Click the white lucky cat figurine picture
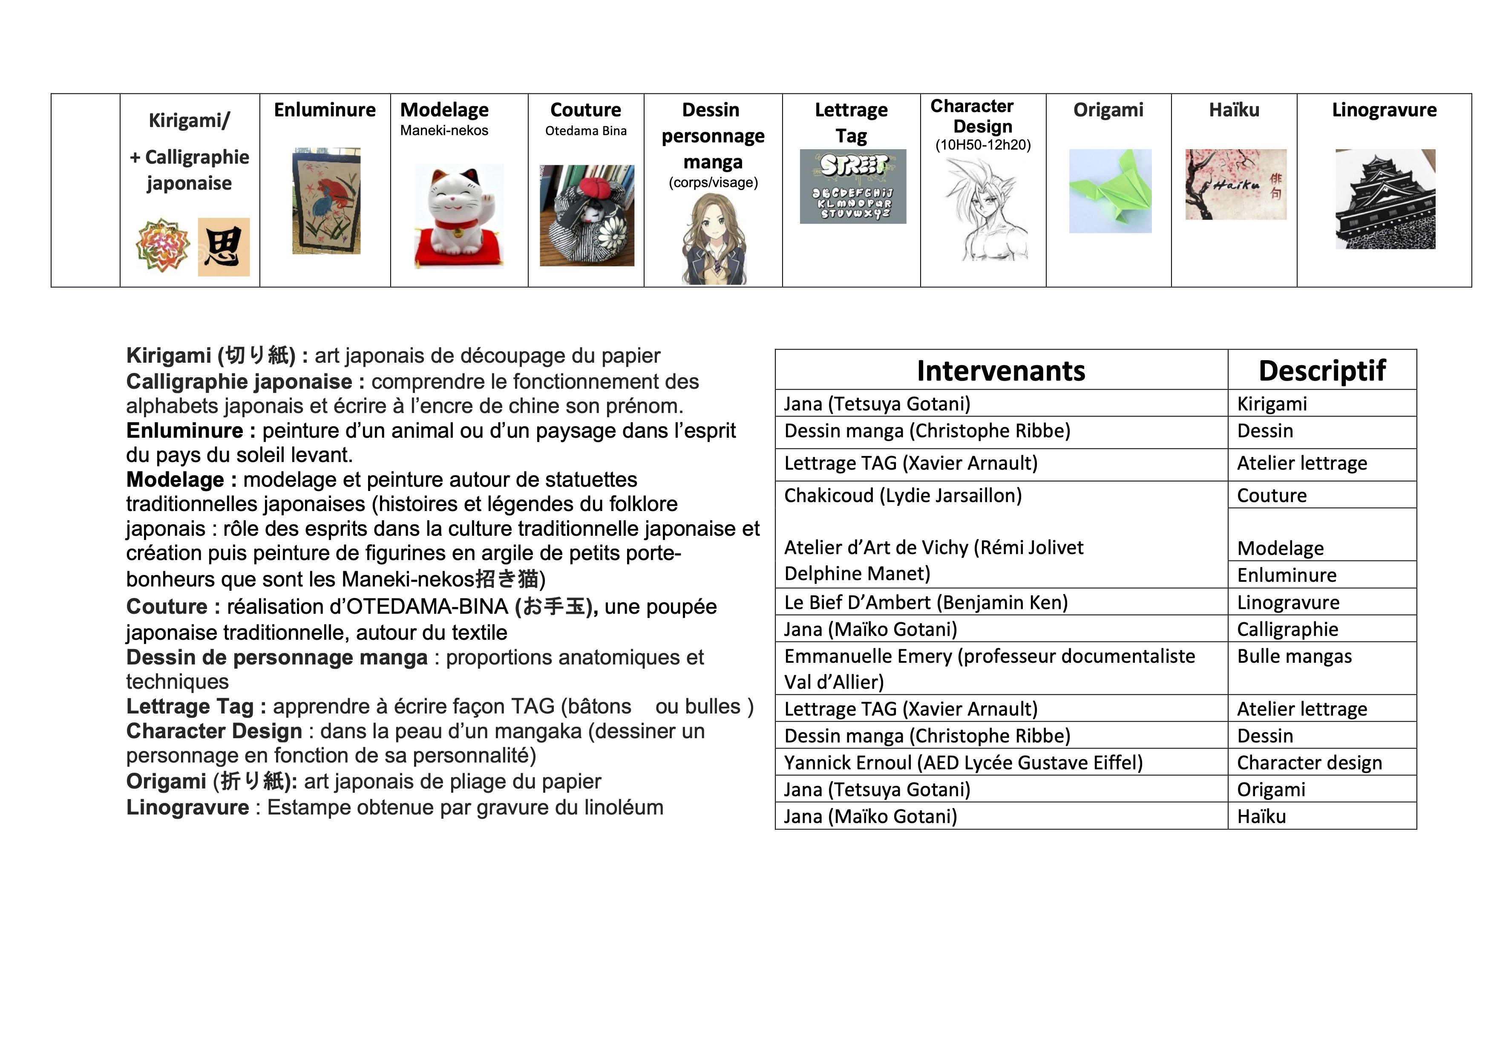[x=459, y=217]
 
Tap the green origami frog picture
[x=1110, y=191]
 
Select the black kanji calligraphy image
[x=223, y=247]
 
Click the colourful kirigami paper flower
[x=163, y=246]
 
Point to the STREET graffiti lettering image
[x=852, y=187]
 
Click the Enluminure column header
[x=325, y=110]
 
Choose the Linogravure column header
[x=1384, y=110]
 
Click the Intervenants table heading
[x=1001, y=370]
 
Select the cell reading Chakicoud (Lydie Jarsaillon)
[x=903, y=496]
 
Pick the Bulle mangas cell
[x=1294, y=657]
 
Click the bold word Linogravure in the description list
[x=187, y=808]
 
